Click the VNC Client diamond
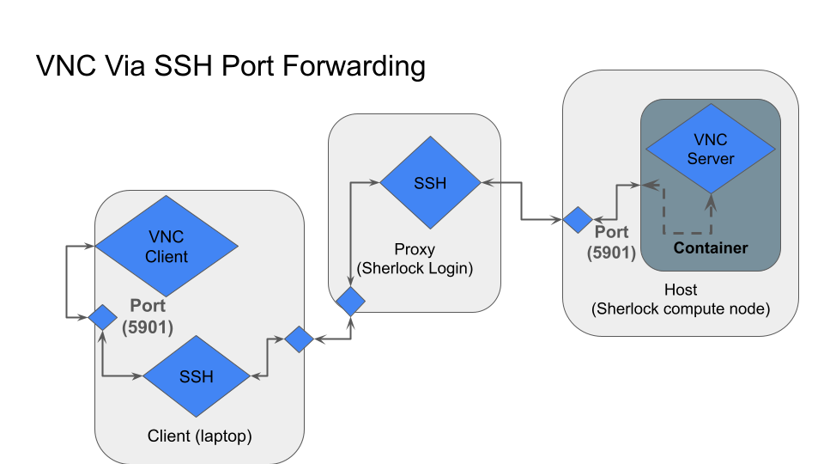tap(167, 245)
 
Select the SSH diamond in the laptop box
tap(196, 376)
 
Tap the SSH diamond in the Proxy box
tap(430, 183)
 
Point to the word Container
tap(711, 248)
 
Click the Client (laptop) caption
tap(199, 436)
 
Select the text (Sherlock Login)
tap(415, 268)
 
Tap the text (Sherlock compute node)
tap(682, 308)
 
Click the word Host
tap(682, 290)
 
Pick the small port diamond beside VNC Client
tap(102, 318)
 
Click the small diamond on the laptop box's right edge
tap(299, 339)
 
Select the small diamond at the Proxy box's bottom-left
tap(351, 301)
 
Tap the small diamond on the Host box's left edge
tap(577, 220)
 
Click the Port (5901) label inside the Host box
tap(611, 242)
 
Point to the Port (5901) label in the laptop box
tap(148, 315)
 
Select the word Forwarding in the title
tap(358, 66)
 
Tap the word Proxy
tap(415, 250)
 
